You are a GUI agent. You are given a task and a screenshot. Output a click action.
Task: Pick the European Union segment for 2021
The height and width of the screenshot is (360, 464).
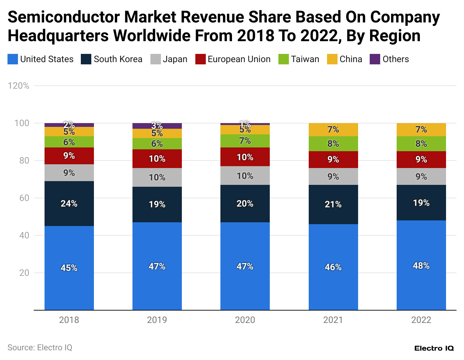point(333,159)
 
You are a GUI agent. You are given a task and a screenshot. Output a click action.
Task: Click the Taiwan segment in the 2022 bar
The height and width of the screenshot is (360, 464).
point(421,144)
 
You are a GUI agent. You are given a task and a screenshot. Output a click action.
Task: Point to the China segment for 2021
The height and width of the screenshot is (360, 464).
point(333,129)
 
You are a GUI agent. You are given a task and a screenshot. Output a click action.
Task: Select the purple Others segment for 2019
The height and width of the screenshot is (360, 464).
point(157,126)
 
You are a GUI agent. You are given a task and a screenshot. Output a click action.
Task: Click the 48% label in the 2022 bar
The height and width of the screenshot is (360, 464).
point(421,266)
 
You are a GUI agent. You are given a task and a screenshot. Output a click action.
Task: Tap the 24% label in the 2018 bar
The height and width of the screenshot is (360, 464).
point(69,204)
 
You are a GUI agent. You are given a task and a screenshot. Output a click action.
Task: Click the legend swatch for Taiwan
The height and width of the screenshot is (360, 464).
point(284,59)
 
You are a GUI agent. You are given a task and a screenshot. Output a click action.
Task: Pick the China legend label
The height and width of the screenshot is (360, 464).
point(351,59)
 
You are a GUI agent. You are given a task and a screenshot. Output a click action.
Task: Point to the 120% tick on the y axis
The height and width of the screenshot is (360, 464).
point(18,86)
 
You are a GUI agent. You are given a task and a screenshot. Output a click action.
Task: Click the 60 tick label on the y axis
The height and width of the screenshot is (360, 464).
point(24,198)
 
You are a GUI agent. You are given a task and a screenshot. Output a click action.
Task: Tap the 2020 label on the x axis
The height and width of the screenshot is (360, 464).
point(245,320)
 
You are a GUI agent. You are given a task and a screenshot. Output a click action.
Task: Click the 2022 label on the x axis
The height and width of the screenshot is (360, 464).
point(421,320)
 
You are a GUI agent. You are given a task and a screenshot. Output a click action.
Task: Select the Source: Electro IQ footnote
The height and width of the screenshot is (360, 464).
point(40,348)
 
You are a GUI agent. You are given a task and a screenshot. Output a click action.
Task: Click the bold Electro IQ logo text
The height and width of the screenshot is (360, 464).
point(434,348)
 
